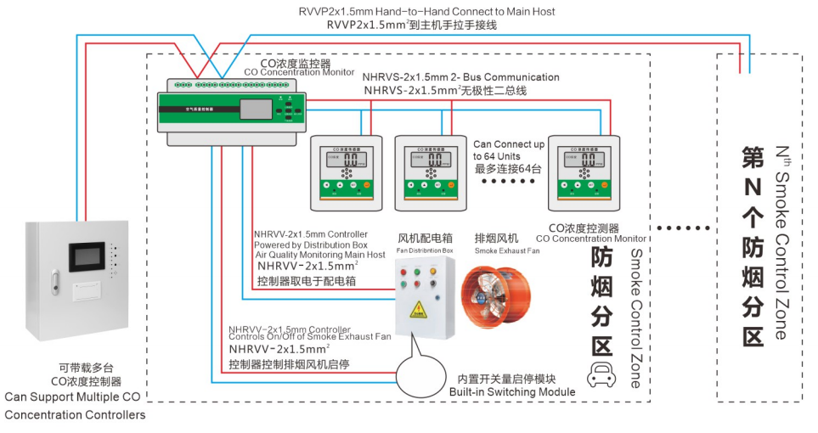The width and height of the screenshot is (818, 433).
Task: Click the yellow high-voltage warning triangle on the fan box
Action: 419,308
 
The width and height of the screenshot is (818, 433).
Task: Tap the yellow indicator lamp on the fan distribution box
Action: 434,273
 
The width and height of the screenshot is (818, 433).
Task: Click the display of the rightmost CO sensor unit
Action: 581,159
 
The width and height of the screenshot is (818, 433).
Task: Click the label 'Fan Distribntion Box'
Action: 425,250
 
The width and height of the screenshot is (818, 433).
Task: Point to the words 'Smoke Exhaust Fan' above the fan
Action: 507,250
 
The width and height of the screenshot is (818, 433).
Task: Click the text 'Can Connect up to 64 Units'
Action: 509,150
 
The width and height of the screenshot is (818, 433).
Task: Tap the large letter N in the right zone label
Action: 752,185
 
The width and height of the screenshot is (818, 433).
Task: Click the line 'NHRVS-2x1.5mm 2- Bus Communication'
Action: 460,76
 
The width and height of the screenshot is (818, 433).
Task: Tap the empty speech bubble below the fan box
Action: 420,368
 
